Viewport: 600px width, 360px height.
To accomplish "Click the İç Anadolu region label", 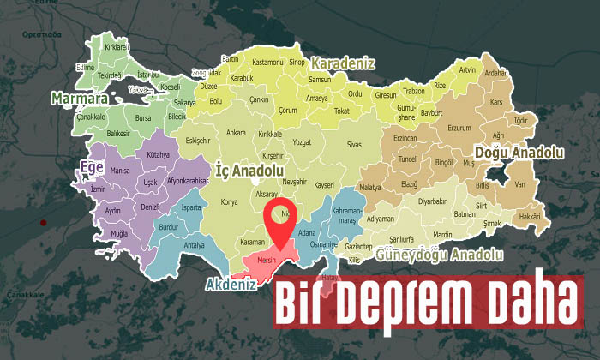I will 249,171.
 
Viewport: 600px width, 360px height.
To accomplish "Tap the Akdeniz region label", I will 231,284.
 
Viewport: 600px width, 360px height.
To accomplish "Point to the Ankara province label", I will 236,133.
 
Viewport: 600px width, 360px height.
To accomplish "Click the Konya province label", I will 229,202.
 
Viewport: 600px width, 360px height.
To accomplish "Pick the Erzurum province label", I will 459,128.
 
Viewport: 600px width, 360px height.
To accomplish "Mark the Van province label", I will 519,183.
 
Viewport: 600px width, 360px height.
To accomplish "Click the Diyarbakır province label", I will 433,201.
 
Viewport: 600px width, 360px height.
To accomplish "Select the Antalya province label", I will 195,246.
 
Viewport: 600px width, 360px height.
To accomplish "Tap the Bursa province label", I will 143,118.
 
